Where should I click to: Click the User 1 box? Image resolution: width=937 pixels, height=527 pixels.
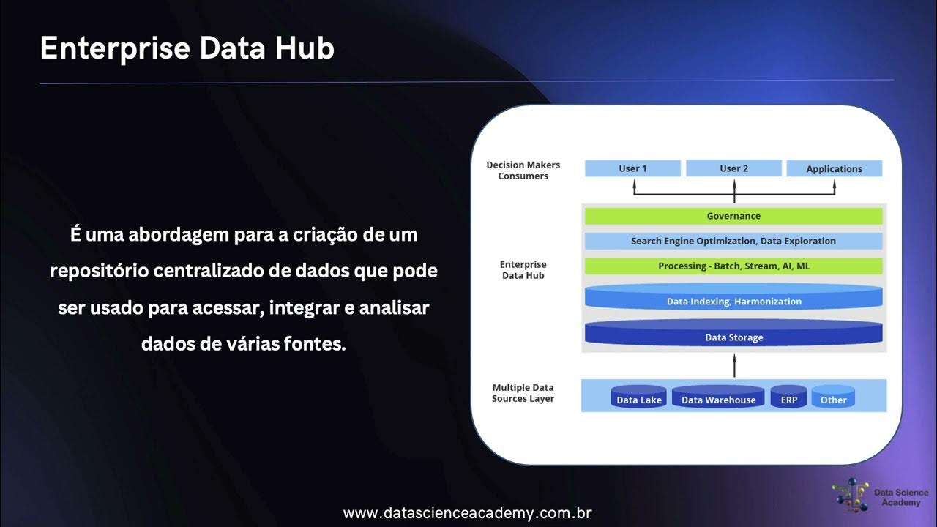[633, 168]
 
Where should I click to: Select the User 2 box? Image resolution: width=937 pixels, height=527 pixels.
[733, 168]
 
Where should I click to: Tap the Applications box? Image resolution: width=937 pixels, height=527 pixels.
[834, 169]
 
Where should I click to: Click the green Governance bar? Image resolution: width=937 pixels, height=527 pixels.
[733, 216]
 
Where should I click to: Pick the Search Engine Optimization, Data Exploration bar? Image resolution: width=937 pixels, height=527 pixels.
[733, 241]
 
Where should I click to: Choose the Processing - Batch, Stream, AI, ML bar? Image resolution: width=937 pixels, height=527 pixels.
[733, 266]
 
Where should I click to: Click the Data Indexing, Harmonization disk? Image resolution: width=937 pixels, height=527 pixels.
[733, 301]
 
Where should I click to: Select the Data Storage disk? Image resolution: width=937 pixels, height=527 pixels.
[733, 337]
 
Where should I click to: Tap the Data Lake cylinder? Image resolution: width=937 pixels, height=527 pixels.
[639, 399]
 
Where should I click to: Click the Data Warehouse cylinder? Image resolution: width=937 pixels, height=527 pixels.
[718, 399]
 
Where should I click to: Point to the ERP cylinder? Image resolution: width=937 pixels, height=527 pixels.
[788, 399]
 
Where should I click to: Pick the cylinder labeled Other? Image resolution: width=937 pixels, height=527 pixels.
[833, 399]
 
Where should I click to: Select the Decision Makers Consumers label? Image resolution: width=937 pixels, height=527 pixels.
[523, 171]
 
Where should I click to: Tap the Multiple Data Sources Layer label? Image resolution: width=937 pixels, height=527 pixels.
[523, 393]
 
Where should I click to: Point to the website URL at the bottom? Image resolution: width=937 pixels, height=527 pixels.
[467, 513]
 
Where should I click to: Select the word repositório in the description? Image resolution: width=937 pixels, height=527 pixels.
[98, 271]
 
